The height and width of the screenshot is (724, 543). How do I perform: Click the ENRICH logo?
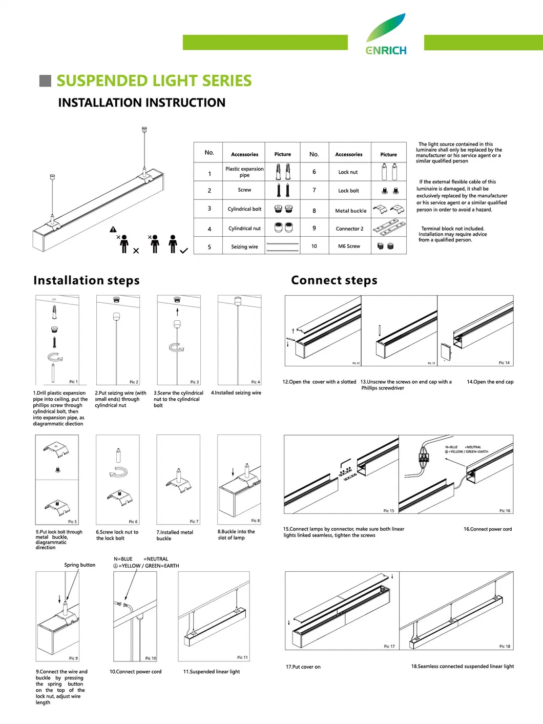coord(386,35)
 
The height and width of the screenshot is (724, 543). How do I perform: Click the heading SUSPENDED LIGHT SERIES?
coord(154,81)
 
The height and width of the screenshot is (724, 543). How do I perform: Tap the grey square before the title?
coord(46,80)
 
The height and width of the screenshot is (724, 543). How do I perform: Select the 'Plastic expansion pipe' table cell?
coord(244,172)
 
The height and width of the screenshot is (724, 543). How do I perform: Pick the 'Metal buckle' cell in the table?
coord(350,211)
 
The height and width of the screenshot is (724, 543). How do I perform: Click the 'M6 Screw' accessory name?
coord(349,246)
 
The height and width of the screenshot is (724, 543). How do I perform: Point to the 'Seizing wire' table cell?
coord(244,247)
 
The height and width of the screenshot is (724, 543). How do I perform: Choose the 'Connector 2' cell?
coord(349,229)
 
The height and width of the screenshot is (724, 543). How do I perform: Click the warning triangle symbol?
coord(113,230)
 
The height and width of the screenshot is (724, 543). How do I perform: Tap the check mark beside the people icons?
coord(184,251)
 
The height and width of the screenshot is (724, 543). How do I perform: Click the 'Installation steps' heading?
coord(86,280)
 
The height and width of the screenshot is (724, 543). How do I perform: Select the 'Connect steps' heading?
coord(334,280)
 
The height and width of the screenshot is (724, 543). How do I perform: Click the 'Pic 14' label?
coord(504,363)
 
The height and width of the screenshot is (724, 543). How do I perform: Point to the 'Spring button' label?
coord(79,565)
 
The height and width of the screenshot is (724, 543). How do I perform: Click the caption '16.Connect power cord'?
coord(487,529)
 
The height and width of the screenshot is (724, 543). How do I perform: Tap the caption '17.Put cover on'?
coord(303,667)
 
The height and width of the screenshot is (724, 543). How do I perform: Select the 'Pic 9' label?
coord(73,658)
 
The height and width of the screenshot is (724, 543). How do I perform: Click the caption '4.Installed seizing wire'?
coord(236,393)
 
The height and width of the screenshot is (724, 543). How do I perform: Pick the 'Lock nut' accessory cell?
coord(348,172)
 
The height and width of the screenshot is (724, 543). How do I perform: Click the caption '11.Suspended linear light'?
coord(211,672)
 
